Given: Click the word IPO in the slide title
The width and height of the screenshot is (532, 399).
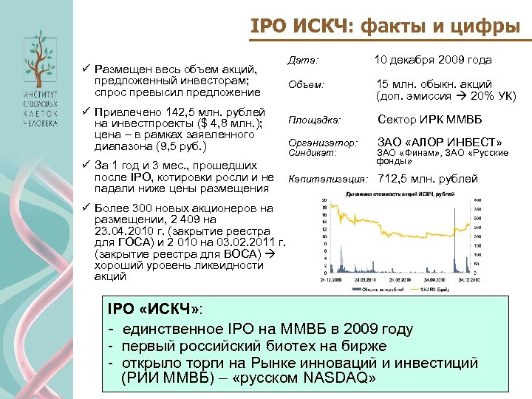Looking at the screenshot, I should [x=269, y=27].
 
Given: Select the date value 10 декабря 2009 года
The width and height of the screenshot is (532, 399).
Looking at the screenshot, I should [x=432, y=60].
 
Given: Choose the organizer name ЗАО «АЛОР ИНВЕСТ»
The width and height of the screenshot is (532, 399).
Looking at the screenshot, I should [x=440, y=141].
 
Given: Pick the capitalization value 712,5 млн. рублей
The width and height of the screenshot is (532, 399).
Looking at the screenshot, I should [x=428, y=179].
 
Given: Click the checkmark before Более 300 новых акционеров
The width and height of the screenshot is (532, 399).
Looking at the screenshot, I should [x=86, y=208].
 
